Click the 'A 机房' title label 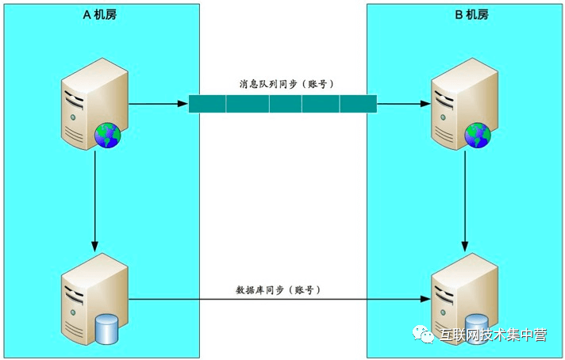coord(100,14)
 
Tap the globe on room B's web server coord(478,136)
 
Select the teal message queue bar coord(282,103)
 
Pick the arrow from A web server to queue coord(158,103)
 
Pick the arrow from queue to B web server coord(403,103)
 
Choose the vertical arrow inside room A coord(95,198)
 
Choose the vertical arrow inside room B coord(464,198)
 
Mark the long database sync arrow coord(278,301)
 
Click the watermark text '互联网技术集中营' coord(493,335)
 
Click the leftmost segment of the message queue coord(207,103)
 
